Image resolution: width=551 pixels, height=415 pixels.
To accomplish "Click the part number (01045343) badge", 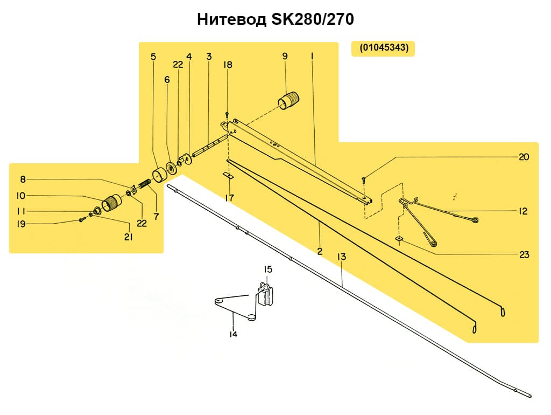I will coord(383,48).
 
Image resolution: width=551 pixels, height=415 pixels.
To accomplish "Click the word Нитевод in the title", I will coord(231,20).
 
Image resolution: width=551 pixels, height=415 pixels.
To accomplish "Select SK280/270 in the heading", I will coord(312,20).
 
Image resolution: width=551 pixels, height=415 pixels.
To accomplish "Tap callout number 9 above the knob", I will coord(285,56).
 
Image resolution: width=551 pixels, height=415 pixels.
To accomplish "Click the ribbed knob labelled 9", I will coord(288,100).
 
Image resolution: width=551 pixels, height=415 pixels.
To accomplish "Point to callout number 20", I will coord(524,157).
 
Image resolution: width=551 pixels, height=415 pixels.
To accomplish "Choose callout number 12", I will coord(523,211).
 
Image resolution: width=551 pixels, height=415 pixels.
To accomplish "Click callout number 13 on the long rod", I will coord(341,257).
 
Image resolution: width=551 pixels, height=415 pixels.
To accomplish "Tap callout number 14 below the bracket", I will coord(233,334).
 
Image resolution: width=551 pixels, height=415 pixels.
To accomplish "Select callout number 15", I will coord(267,269).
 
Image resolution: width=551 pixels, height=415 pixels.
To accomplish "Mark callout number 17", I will coord(229,198).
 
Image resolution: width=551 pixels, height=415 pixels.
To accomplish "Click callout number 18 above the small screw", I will coord(228,65).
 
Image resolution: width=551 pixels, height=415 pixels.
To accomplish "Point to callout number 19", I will coord(21,224).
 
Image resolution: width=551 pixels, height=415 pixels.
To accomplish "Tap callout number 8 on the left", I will coord(23,179).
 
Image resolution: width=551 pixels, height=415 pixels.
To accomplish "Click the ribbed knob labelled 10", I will coord(112,203).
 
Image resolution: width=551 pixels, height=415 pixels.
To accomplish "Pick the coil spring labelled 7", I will coord(145,185).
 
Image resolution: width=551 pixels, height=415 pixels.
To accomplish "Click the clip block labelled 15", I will coord(267,296).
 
